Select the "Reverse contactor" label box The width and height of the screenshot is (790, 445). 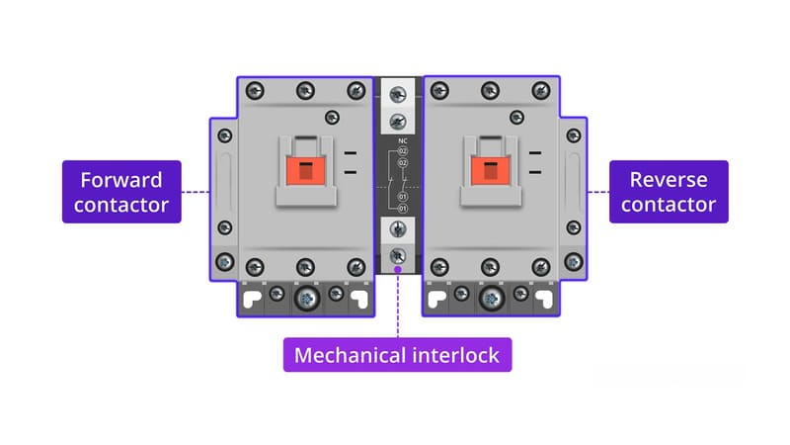(669, 192)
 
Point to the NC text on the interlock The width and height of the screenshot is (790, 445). (402, 139)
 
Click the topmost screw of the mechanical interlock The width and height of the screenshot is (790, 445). (397, 95)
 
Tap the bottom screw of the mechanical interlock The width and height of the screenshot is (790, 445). (397, 254)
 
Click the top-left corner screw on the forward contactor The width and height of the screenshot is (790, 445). (255, 90)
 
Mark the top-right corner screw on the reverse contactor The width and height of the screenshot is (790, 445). (540, 90)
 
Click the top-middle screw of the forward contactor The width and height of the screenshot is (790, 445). (304, 90)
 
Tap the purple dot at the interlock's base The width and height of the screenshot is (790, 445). (397, 269)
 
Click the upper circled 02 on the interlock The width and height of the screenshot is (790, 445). (403, 151)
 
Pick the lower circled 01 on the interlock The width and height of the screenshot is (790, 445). (403, 210)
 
